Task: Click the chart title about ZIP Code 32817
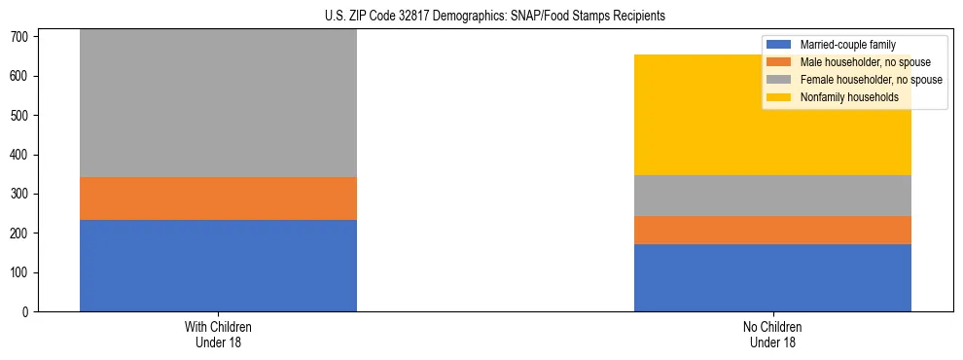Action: (495, 17)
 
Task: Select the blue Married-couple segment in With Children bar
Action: (218, 266)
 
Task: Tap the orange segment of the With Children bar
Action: (218, 198)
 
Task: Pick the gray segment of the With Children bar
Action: (218, 103)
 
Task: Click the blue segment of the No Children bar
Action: (772, 277)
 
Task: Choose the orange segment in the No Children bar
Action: (772, 230)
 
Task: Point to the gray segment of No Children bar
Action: (772, 196)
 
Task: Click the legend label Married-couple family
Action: (847, 45)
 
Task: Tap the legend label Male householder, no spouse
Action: (865, 62)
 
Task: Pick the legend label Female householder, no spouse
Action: (871, 80)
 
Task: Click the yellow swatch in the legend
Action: (780, 97)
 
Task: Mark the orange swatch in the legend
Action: (780, 62)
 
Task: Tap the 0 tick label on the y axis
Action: (30, 312)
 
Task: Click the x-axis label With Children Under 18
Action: (218, 334)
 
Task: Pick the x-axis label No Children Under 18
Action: (772, 334)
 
